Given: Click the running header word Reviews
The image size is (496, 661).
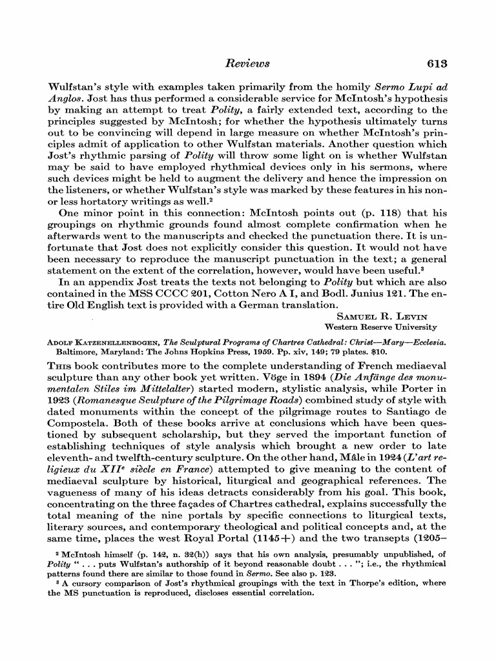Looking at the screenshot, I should click(248, 63).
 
